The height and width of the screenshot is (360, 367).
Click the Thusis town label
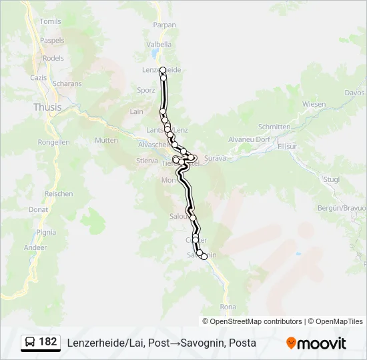[47, 107]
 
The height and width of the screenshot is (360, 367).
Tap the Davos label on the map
[354, 93]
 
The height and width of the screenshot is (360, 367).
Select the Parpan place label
[165, 25]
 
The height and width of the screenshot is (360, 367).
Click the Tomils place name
[50, 21]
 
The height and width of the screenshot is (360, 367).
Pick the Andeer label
[35, 247]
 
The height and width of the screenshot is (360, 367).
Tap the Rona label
[228, 307]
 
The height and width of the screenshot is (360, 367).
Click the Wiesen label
[314, 104]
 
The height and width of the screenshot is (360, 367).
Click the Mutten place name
[106, 141]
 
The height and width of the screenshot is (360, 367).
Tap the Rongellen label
[54, 142]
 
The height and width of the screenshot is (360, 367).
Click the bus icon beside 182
[31, 343]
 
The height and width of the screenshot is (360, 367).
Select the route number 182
[48, 342]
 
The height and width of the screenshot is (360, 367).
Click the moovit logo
[316, 343]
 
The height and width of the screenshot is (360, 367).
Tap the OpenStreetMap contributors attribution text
[252, 321]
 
